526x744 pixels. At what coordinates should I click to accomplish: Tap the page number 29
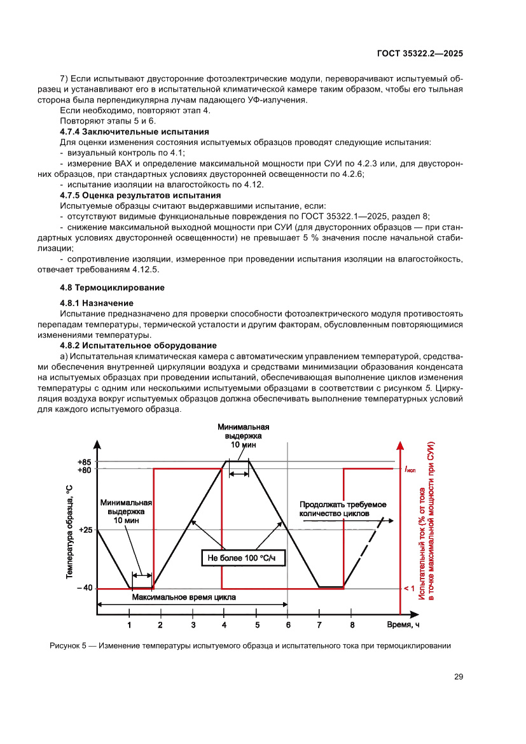(x=458, y=677)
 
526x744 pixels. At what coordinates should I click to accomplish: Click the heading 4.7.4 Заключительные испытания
(x=134, y=132)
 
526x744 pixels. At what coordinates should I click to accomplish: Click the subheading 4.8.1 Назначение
(x=97, y=303)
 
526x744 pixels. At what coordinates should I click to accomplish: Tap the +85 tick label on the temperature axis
(x=84, y=462)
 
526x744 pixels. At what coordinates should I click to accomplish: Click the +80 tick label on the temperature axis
(x=84, y=470)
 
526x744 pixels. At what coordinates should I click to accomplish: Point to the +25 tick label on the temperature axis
(x=84, y=530)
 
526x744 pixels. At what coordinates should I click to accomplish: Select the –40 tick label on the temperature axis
(x=84, y=588)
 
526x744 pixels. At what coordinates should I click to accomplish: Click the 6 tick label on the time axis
(x=288, y=625)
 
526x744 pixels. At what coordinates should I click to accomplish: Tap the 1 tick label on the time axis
(x=129, y=625)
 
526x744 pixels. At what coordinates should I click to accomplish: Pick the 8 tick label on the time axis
(x=352, y=625)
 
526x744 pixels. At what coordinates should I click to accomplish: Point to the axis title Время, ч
(x=403, y=624)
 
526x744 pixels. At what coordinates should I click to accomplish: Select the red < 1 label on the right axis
(x=409, y=588)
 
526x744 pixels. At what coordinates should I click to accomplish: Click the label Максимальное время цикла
(x=184, y=598)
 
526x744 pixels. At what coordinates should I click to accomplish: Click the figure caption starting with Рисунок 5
(x=250, y=646)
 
